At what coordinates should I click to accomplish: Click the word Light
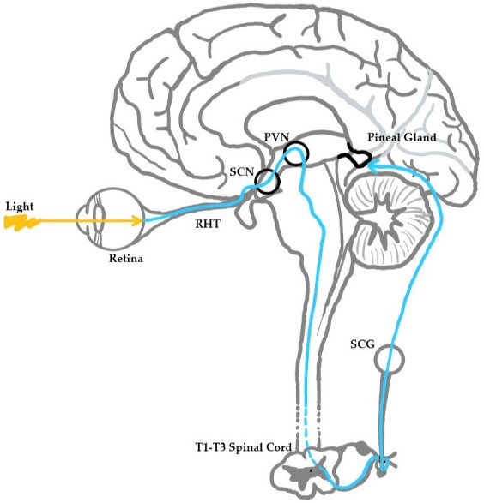pos(19,207)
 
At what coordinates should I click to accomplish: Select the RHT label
pos(203,229)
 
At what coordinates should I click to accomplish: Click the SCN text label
pos(242,172)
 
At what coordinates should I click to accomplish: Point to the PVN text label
pos(277,138)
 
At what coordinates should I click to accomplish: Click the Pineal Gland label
pos(402,137)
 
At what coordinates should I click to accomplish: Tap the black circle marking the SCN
pos(266,182)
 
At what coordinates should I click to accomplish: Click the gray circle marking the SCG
pos(390,357)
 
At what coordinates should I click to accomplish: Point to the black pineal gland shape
pos(355,158)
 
